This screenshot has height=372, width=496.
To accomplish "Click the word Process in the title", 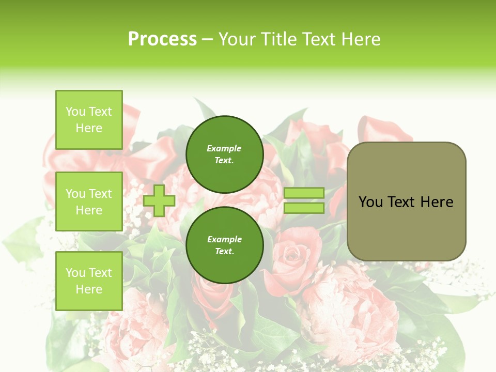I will pos(162,39).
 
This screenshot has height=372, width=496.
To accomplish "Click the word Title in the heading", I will pos(277,39).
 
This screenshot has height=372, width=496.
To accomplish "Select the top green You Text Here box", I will pos(89,120).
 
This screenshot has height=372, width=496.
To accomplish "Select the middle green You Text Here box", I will pos(89,202).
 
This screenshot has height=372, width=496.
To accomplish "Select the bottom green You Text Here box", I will pos(89,281).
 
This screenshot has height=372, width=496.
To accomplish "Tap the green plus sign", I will pos(159,200).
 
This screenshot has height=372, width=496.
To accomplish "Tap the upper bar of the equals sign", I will pos(304,193).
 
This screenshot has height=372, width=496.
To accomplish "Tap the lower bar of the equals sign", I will pos(304,208).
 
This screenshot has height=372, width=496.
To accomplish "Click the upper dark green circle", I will pos(224,154).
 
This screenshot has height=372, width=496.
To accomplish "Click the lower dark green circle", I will pos(224,245).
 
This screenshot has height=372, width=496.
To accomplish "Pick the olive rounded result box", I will pos(406,202).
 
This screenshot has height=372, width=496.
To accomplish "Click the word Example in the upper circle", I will pos(224,148).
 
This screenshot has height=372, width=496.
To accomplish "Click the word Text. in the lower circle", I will pos(224,252).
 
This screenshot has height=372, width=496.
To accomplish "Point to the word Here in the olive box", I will pos(437,202).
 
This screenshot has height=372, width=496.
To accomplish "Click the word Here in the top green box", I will pos(89,128).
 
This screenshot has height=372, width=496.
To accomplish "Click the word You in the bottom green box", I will pos(75,273).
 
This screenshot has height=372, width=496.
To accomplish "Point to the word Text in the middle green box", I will pos(100,194).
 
